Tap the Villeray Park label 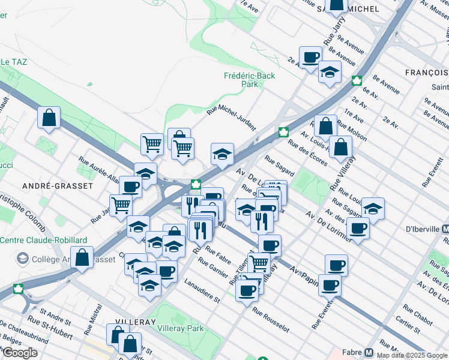[x=180, y=328]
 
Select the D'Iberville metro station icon [x=445, y=229]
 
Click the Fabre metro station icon [x=369, y=352]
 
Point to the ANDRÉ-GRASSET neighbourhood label [x=49, y=186]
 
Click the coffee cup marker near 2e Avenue [x=310, y=58]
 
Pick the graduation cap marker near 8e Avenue [x=330, y=73]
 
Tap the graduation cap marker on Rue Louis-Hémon [x=373, y=208]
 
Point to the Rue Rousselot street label [x=271, y=320]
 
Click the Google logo [x=19, y=352]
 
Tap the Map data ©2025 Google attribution [x=412, y=355]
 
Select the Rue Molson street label [x=352, y=130]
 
